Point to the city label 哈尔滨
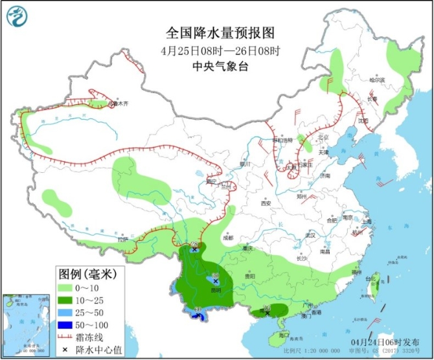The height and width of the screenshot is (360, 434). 377,80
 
